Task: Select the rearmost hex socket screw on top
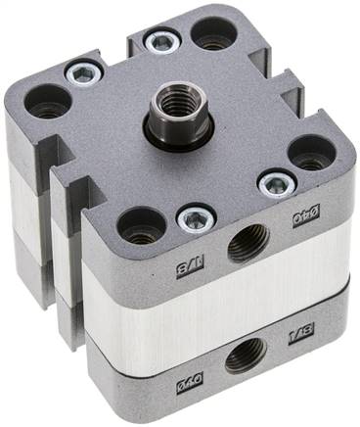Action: click(160, 41)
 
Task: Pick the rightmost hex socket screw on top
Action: click(277, 182)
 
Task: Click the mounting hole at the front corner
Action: click(140, 225)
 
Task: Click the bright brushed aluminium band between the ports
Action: click(215, 299)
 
